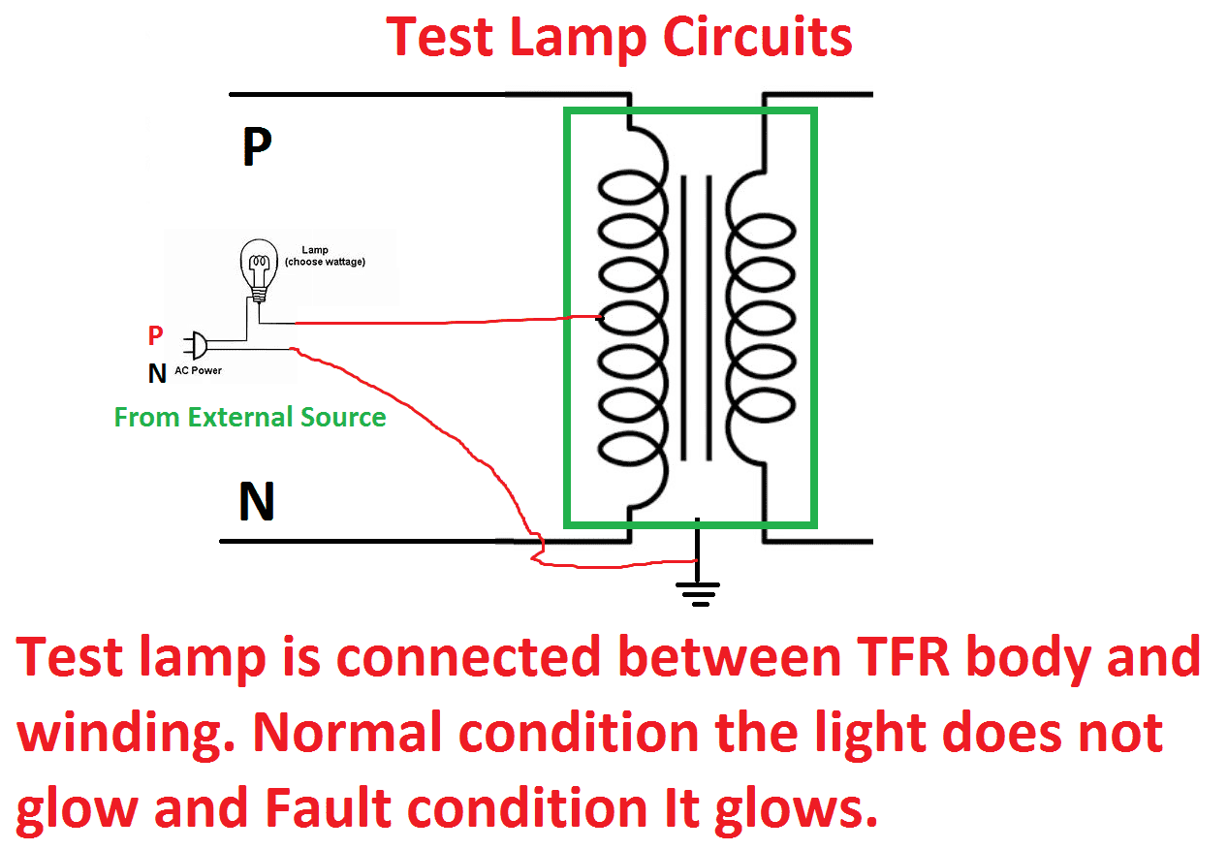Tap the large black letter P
click(x=256, y=148)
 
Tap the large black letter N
click(x=257, y=503)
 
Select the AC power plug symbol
click(x=197, y=343)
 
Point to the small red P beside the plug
click(x=156, y=336)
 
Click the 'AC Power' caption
click(x=198, y=370)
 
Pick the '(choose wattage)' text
click(x=325, y=263)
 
